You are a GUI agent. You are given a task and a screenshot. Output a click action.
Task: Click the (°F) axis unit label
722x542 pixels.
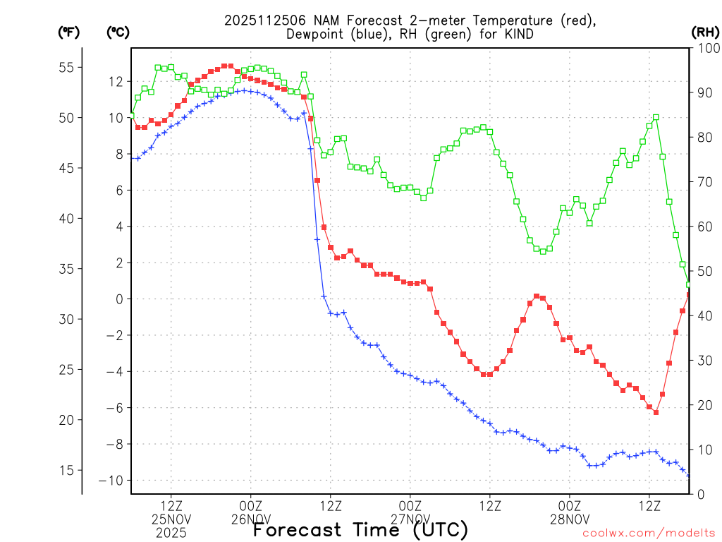pos(68,32)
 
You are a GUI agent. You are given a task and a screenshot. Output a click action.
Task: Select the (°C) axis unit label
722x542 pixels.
pos(118,32)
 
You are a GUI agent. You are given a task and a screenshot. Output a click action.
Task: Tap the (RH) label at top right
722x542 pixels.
pos(705,32)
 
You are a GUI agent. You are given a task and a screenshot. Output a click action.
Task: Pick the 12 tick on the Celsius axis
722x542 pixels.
pos(116,82)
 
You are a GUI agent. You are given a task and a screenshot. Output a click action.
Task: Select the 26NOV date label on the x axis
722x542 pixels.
pos(250,519)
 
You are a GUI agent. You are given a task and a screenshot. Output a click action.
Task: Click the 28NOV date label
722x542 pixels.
pos(570,519)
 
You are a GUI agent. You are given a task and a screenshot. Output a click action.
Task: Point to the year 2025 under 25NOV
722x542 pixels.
pos(171,533)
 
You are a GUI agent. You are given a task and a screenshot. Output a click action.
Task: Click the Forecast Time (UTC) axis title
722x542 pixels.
pos(360,529)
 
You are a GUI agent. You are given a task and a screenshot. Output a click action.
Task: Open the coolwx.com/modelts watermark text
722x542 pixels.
pos(649,534)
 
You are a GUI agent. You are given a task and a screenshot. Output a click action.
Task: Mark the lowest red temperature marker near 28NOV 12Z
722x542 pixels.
pos(656,412)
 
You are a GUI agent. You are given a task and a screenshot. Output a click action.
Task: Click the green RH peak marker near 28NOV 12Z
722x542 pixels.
pos(656,117)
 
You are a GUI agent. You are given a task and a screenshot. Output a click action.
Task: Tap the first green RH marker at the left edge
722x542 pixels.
pos(131,114)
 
